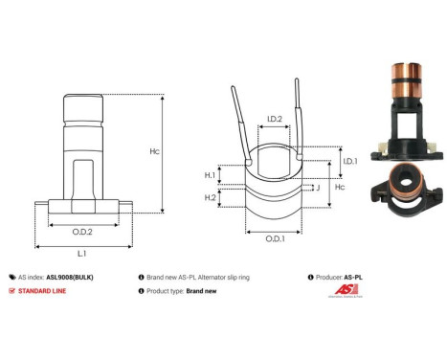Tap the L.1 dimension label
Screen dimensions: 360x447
pos(82,253)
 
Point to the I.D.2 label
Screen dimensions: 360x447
pos(273,120)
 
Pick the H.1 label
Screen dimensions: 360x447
pos(210,175)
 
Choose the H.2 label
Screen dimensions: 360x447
pos(210,196)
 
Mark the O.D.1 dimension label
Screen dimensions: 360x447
pos(275,237)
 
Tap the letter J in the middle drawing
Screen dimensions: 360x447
pos(317,188)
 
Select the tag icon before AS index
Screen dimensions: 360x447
pos(11,274)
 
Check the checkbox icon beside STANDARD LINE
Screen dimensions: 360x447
pos(11,289)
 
